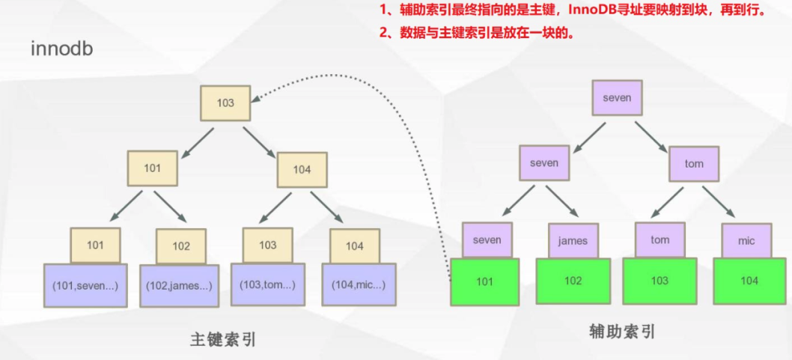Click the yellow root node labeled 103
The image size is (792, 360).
pyautogui.click(x=225, y=103)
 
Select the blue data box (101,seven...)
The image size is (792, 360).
pyautogui.click(x=85, y=285)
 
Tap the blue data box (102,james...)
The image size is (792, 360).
pyautogui.click(x=179, y=286)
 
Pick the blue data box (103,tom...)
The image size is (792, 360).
pyautogui.click(x=267, y=285)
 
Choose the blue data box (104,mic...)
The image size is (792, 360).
pyautogui.click(x=359, y=285)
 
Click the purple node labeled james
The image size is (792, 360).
pyautogui.click(x=573, y=241)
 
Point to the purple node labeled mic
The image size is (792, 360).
pyautogui.click(x=746, y=242)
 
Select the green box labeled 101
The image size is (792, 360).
pyautogui.click(x=485, y=281)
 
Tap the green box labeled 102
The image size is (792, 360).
pyautogui.click(x=573, y=281)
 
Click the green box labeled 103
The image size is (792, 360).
pyautogui.click(x=660, y=281)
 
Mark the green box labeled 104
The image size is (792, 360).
pyautogui.click(x=749, y=281)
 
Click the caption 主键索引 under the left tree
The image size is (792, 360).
pyautogui.click(x=223, y=339)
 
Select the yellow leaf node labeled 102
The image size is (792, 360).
pyautogui.click(x=181, y=246)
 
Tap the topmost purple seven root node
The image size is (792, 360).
pyautogui.click(x=618, y=98)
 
